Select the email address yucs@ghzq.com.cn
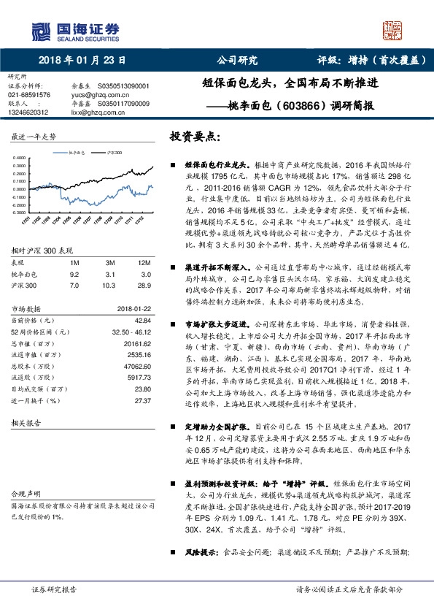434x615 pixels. coord(96,95)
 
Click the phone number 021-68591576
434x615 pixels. coord(29,95)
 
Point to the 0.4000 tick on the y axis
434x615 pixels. coord(18,157)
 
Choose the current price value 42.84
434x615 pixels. coord(141,319)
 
